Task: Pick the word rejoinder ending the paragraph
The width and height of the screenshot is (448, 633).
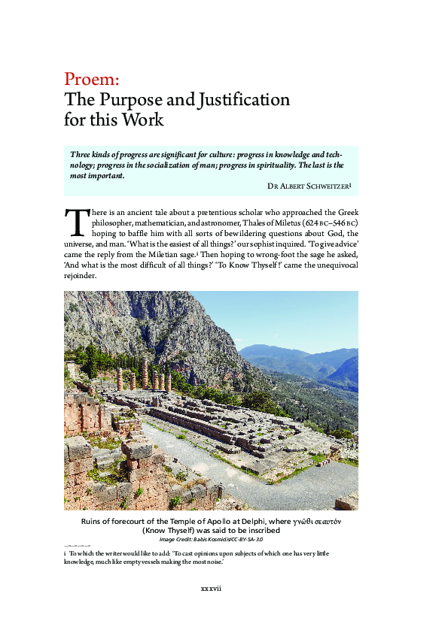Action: point(81,275)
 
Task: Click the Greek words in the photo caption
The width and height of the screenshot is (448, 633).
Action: point(321,520)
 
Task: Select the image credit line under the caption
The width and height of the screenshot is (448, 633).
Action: point(211,540)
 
